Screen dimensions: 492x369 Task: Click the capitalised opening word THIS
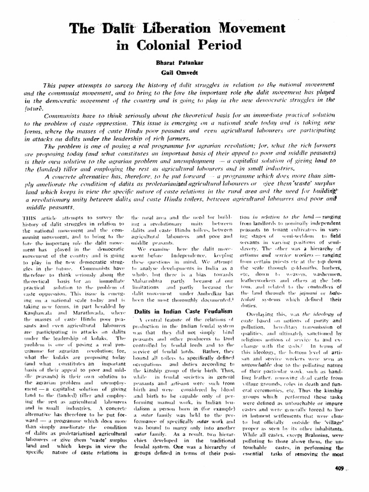point(30,217)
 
